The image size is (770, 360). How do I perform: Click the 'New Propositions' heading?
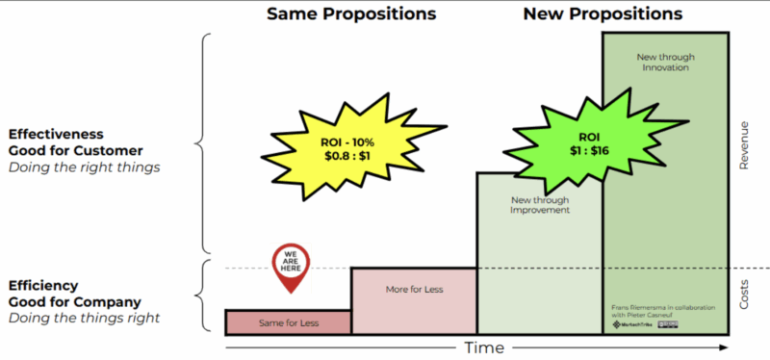click(x=603, y=14)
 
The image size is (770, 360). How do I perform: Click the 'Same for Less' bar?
click(x=288, y=322)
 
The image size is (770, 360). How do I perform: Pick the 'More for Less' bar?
click(x=414, y=289)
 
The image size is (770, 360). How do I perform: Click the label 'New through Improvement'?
click(x=539, y=205)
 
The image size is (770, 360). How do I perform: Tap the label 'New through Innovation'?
click(x=665, y=63)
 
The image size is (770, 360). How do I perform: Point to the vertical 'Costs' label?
click(x=744, y=295)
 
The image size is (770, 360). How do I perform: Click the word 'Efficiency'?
click(x=46, y=285)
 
